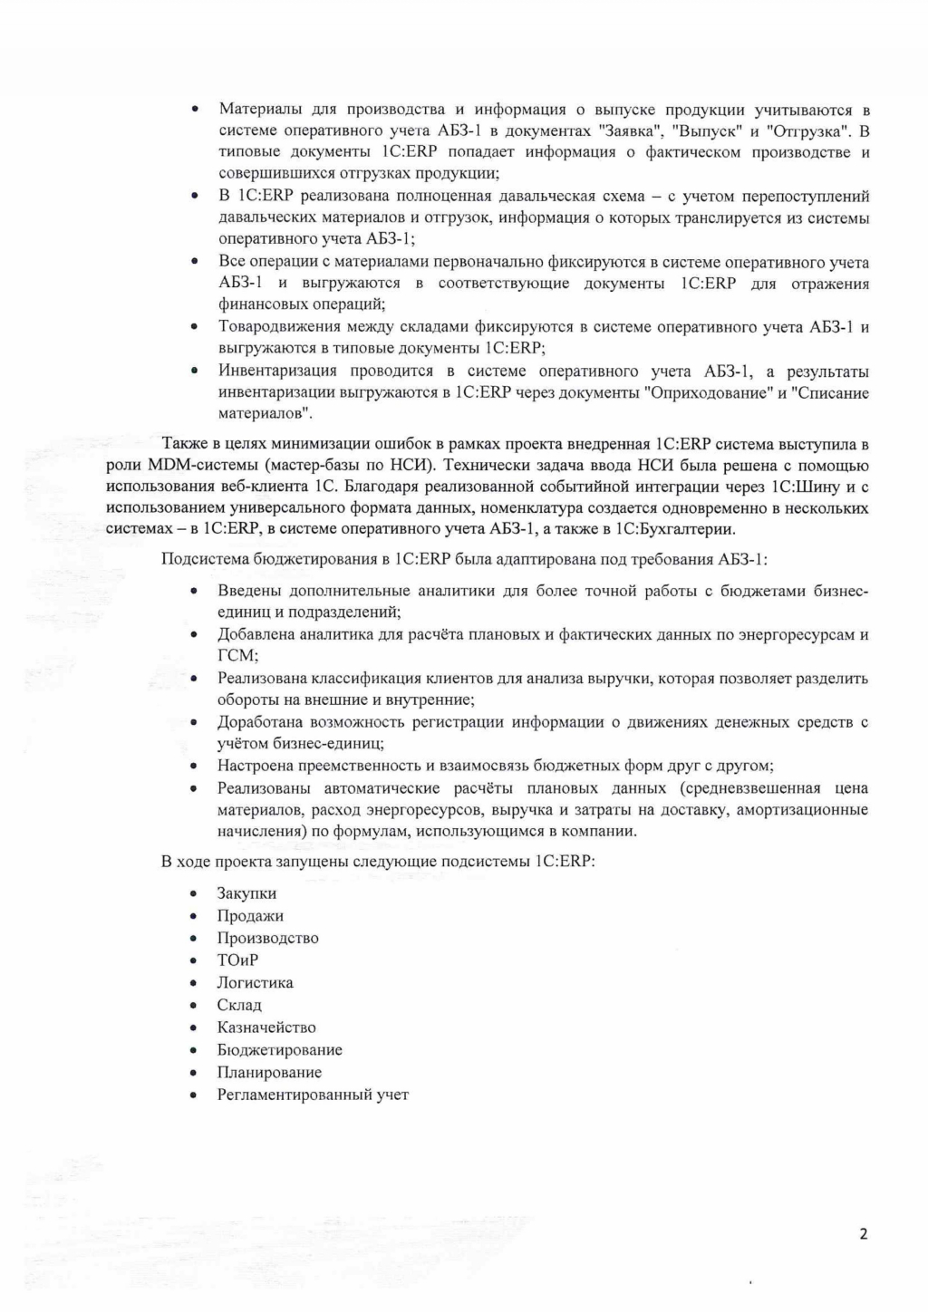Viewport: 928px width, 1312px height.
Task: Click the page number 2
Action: [863, 1233]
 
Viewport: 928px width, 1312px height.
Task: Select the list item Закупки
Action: [246, 893]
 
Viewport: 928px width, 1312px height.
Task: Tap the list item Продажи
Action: [250, 916]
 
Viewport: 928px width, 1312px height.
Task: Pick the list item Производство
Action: [267, 938]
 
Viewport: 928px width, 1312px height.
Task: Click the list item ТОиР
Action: [237, 960]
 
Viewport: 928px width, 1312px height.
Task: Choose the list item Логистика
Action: [255, 982]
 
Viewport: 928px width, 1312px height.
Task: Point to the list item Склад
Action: [239, 1005]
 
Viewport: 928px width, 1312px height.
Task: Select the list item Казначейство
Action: [266, 1027]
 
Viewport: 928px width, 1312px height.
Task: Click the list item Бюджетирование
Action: [279, 1050]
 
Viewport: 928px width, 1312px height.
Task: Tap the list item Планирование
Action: [269, 1072]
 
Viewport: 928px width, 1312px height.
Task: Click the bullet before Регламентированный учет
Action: [194, 1095]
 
